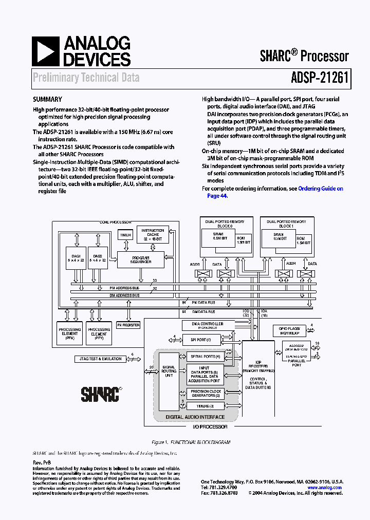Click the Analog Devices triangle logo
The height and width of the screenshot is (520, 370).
[45, 52]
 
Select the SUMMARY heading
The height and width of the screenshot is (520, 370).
[47, 100]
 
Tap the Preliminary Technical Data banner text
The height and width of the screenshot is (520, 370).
[86, 78]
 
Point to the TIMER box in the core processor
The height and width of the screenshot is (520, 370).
[125, 235]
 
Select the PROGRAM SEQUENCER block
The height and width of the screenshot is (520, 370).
[141, 259]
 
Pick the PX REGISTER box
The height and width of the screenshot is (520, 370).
[128, 325]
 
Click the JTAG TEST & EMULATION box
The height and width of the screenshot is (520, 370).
[98, 359]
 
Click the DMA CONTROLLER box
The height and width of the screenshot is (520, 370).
[207, 325]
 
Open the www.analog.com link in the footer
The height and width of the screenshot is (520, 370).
[325, 488]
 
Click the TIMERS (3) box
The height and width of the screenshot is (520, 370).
[205, 406]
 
